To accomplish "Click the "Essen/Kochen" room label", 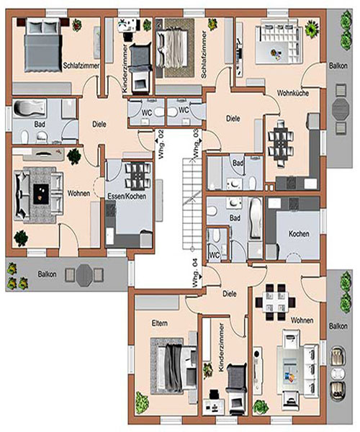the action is [x=127, y=196].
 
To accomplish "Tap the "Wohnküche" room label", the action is [x=293, y=93].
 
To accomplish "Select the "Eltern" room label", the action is [x=159, y=323].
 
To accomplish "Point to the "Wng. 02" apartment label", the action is [x=161, y=145].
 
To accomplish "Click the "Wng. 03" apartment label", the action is [x=196, y=143].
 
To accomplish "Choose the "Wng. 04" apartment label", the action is [x=195, y=274].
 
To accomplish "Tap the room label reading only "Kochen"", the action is [x=299, y=234].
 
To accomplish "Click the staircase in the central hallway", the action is [x=192, y=204].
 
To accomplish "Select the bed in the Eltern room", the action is [x=174, y=365].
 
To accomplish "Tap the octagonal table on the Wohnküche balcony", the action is [x=341, y=107].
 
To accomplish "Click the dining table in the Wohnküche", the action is [x=281, y=143].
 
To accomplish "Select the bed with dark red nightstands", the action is [x=42, y=45].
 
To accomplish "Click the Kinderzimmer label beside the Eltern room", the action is [x=221, y=348].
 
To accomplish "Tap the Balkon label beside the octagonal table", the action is [x=47, y=274].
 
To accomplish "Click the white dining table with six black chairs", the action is [x=275, y=302].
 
